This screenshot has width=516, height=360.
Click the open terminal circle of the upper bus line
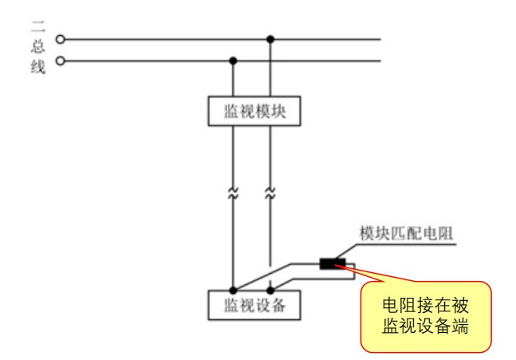click(59, 38)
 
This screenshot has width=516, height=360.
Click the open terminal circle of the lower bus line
click(59, 60)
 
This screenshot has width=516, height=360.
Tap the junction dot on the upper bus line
click(271, 38)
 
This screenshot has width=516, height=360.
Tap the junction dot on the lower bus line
click(233, 60)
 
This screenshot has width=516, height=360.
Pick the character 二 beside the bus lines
click(39, 30)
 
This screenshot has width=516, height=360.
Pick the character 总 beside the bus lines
click(39, 47)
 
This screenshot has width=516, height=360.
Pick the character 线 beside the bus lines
click(39, 66)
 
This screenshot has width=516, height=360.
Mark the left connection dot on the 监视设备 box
click(233, 291)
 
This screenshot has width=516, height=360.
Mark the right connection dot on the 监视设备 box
click(271, 291)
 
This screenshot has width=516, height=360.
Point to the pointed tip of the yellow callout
click(338, 266)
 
